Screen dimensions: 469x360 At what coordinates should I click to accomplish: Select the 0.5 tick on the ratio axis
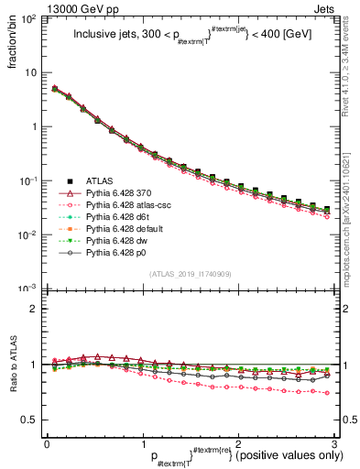point(31,420)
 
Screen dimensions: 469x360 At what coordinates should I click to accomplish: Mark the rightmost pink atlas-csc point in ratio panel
point(327,392)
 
